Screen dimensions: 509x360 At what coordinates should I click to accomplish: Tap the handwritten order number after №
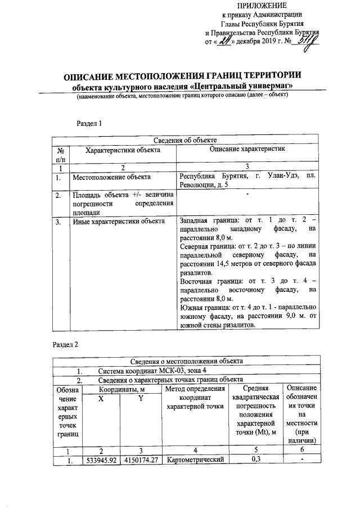308,41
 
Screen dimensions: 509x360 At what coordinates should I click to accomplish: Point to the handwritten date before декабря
226,41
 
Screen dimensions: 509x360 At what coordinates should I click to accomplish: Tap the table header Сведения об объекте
185,141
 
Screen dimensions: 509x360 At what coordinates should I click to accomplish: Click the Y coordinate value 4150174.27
141,460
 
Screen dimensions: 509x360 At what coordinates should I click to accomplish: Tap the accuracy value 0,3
256,460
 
